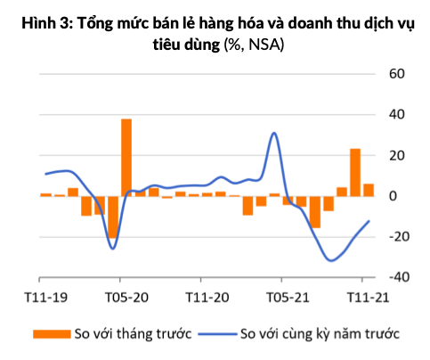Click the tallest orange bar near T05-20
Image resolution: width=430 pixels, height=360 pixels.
point(126,157)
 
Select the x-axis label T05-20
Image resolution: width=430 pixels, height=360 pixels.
point(126,297)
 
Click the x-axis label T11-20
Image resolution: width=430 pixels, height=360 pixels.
point(207,297)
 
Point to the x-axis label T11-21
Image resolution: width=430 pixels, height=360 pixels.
point(368,297)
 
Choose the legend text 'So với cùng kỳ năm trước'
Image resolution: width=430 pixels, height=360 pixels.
point(320,334)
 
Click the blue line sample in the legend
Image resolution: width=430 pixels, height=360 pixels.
point(215,334)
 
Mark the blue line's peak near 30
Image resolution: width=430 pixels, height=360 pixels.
point(274,134)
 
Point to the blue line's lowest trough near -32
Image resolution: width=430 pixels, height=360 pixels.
point(331,260)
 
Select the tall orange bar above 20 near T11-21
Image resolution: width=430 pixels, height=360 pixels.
point(355,172)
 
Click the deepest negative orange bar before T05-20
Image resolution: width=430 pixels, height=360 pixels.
point(113,217)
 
